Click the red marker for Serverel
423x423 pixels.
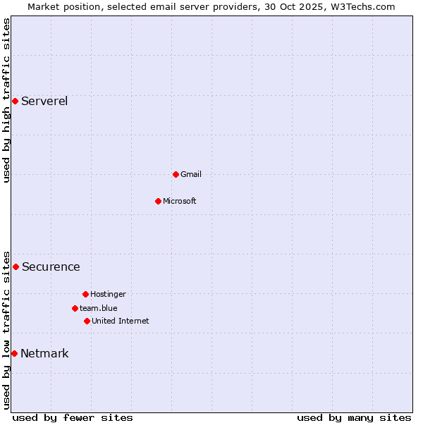(15, 101)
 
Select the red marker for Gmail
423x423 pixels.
(176, 174)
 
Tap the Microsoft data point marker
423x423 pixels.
(158, 201)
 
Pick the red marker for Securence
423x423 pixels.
(16, 266)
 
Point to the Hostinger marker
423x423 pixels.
(85, 294)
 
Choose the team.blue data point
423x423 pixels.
(75, 308)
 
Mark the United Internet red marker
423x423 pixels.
(87, 321)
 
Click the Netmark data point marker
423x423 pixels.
(14, 353)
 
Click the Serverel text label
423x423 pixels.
(44, 101)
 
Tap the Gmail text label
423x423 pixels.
(191, 174)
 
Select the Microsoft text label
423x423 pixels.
(180, 201)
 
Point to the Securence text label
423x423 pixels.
(51, 266)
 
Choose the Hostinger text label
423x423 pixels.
(108, 294)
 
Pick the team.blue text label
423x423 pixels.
(99, 308)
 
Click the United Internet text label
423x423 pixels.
(121, 321)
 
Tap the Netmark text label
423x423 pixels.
(44, 353)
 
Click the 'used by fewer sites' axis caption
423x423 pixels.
(73, 417)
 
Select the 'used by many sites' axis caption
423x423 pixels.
(354, 417)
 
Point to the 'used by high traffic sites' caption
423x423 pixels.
(6, 100)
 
